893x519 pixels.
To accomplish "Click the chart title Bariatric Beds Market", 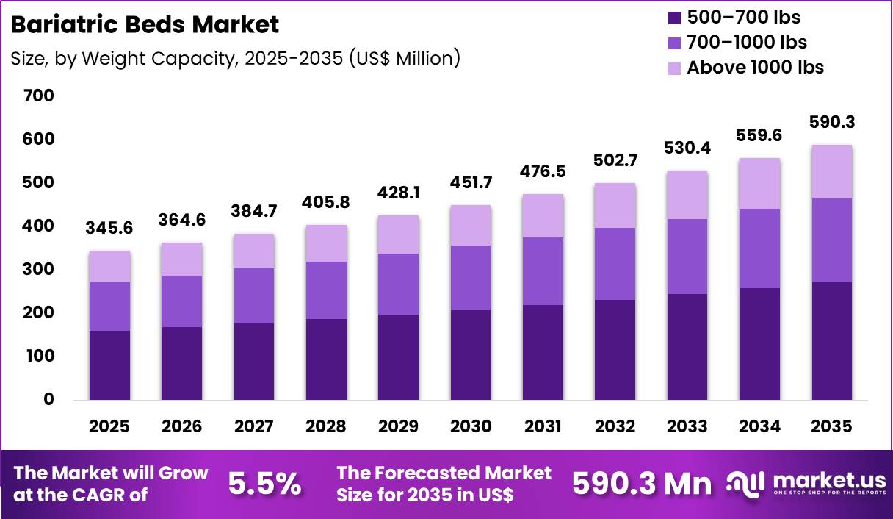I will coord(145,24).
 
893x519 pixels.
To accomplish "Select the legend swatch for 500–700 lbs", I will coord(673,18).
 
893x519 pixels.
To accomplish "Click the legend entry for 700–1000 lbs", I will coord(746,42).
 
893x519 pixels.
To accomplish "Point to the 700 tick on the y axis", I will coord(39,96).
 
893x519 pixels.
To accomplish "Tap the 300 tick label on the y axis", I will coord(39,270).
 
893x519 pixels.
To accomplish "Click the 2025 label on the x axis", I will coord(109,426).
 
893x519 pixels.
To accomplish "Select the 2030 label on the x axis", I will coord(471,426).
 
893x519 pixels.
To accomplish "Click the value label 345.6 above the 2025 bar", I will coord(109,229).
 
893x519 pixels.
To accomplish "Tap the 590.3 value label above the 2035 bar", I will coord(831,122).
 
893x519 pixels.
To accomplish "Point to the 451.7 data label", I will coord(471,182).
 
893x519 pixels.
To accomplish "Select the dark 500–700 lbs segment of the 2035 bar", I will coord(831,341).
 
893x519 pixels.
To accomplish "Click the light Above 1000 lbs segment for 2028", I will coord(326,243).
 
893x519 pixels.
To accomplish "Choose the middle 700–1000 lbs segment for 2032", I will coord(615,264).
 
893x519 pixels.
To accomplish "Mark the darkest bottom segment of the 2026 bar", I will coord(182,363).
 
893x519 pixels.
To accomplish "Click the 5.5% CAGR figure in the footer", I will coord(264,484).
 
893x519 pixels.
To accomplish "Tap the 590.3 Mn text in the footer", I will coord(642,484).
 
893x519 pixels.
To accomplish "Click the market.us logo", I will coord(806,484).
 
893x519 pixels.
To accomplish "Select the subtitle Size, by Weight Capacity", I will coord(235,58).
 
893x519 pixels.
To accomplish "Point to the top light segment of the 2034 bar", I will coord(759,184).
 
